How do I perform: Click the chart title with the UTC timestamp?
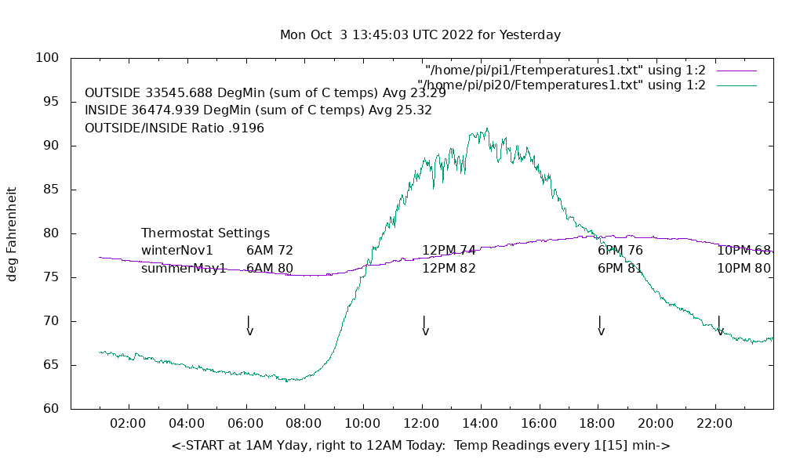tap(420, 35)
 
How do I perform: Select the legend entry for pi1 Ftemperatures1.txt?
tap(565, 70)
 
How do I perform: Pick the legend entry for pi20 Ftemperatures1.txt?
tap(562, 85)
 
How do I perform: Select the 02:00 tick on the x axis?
tap(128, 424)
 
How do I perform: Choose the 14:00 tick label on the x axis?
tap(480, 424)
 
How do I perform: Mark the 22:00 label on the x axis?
tap(715, 424)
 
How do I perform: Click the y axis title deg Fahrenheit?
tap(13, 233)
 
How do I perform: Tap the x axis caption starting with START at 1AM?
tap(420, 446)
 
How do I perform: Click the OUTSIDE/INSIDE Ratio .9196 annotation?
tap(174, 128)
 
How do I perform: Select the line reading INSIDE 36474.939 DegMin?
tap(258, 110)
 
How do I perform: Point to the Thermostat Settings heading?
tap(205, 233)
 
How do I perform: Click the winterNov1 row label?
tap(177, 251)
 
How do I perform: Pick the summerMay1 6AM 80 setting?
tap(270, 268)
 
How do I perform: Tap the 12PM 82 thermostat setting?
tap(449, 268)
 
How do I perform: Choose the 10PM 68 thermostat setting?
tap(744, 251)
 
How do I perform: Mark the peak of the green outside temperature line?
tap(487, 128)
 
